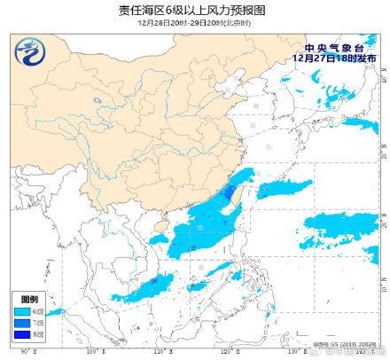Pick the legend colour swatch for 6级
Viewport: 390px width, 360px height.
21,312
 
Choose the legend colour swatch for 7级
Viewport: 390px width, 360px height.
21,324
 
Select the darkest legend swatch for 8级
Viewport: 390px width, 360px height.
21,335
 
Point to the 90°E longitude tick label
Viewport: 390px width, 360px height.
25,354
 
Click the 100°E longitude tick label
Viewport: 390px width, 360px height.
92,354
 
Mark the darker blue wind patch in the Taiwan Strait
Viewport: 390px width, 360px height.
230,192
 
